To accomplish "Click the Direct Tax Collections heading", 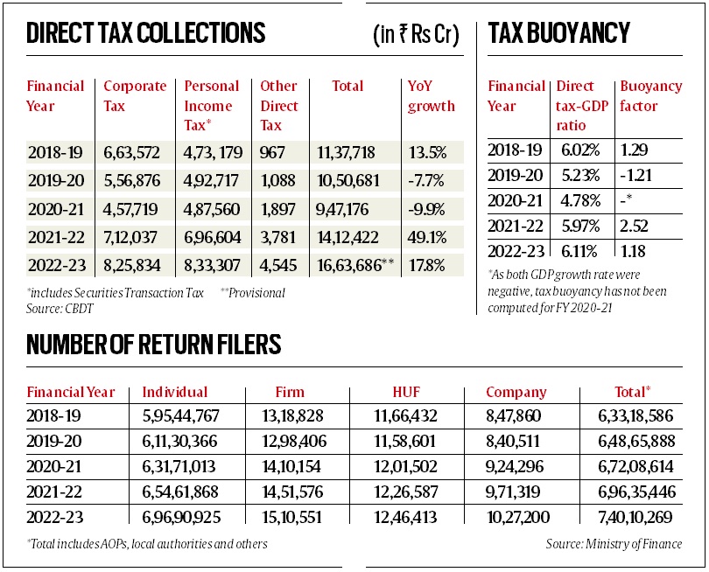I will pos(146,34).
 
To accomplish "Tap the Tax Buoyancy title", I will pos(559,34).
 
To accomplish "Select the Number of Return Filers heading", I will pos(154,345).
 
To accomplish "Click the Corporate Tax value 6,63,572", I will pos(131,153).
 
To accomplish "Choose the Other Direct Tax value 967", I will pos(273,153).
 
